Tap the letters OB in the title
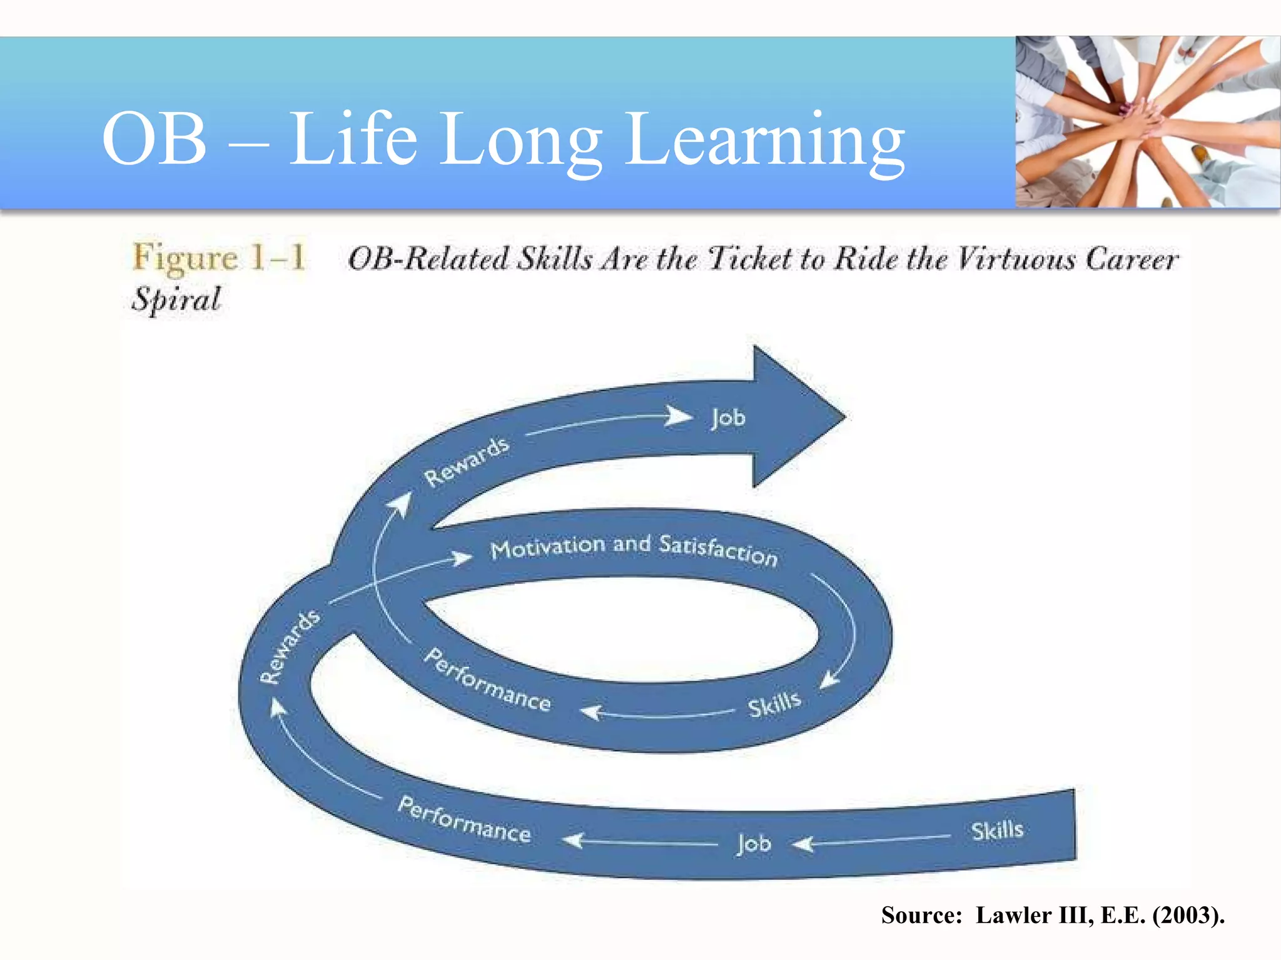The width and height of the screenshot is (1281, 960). point(154,140)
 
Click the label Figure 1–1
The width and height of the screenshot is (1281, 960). point(219,257)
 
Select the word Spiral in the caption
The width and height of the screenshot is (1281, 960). point(176,299)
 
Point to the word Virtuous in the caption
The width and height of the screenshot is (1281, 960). point(1016,259)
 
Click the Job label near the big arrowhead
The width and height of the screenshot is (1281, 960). point(728,417)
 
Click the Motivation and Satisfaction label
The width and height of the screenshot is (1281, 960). point(634,548)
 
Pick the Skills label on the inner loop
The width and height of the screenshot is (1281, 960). point(774,704)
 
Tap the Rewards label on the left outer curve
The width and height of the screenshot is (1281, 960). point(290,646)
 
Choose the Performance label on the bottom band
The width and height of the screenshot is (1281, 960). point(464,819)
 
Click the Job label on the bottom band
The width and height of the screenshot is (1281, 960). point(754,844)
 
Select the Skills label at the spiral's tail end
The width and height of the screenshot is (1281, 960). point(997,831)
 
